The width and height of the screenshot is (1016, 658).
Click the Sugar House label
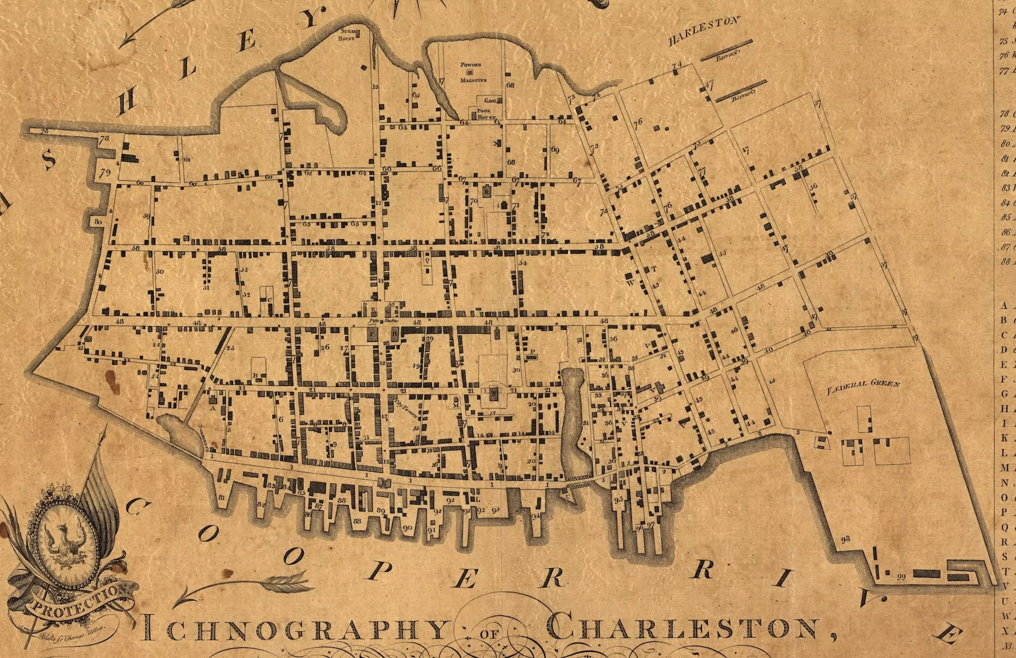pyautogui.click(x=347, y=35)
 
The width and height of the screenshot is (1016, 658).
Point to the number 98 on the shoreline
pyautogui.click(x=845, y=539)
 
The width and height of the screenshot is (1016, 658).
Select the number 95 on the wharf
pyautogui.click(x=618, y=499)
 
